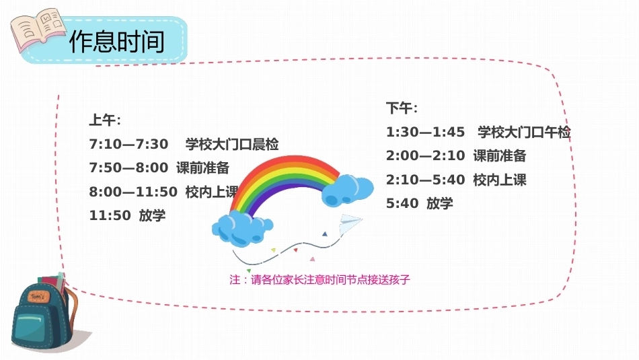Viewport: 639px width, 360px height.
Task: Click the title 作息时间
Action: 117,41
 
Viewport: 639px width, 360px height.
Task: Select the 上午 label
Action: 105,120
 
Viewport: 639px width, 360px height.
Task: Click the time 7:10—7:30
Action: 128,144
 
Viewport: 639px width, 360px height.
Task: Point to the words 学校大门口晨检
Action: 232,144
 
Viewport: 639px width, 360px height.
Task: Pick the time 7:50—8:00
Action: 128,168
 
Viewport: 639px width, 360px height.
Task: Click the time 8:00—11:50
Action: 133,192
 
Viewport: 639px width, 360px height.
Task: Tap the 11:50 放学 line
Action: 127,215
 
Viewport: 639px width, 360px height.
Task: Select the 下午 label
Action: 402,108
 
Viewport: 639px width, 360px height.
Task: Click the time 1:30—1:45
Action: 426,132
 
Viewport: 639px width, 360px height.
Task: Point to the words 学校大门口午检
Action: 524,132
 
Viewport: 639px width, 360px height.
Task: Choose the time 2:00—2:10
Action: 426,155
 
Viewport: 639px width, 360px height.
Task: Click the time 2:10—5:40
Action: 426,180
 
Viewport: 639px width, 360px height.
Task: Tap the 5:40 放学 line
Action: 419,203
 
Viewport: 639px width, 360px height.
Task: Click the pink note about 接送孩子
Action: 319,280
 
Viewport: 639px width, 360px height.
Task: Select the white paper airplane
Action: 350,223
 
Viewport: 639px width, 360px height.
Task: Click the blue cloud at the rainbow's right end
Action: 347,190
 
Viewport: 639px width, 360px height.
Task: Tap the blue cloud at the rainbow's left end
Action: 242,229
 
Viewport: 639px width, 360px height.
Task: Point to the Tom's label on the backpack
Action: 39,296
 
